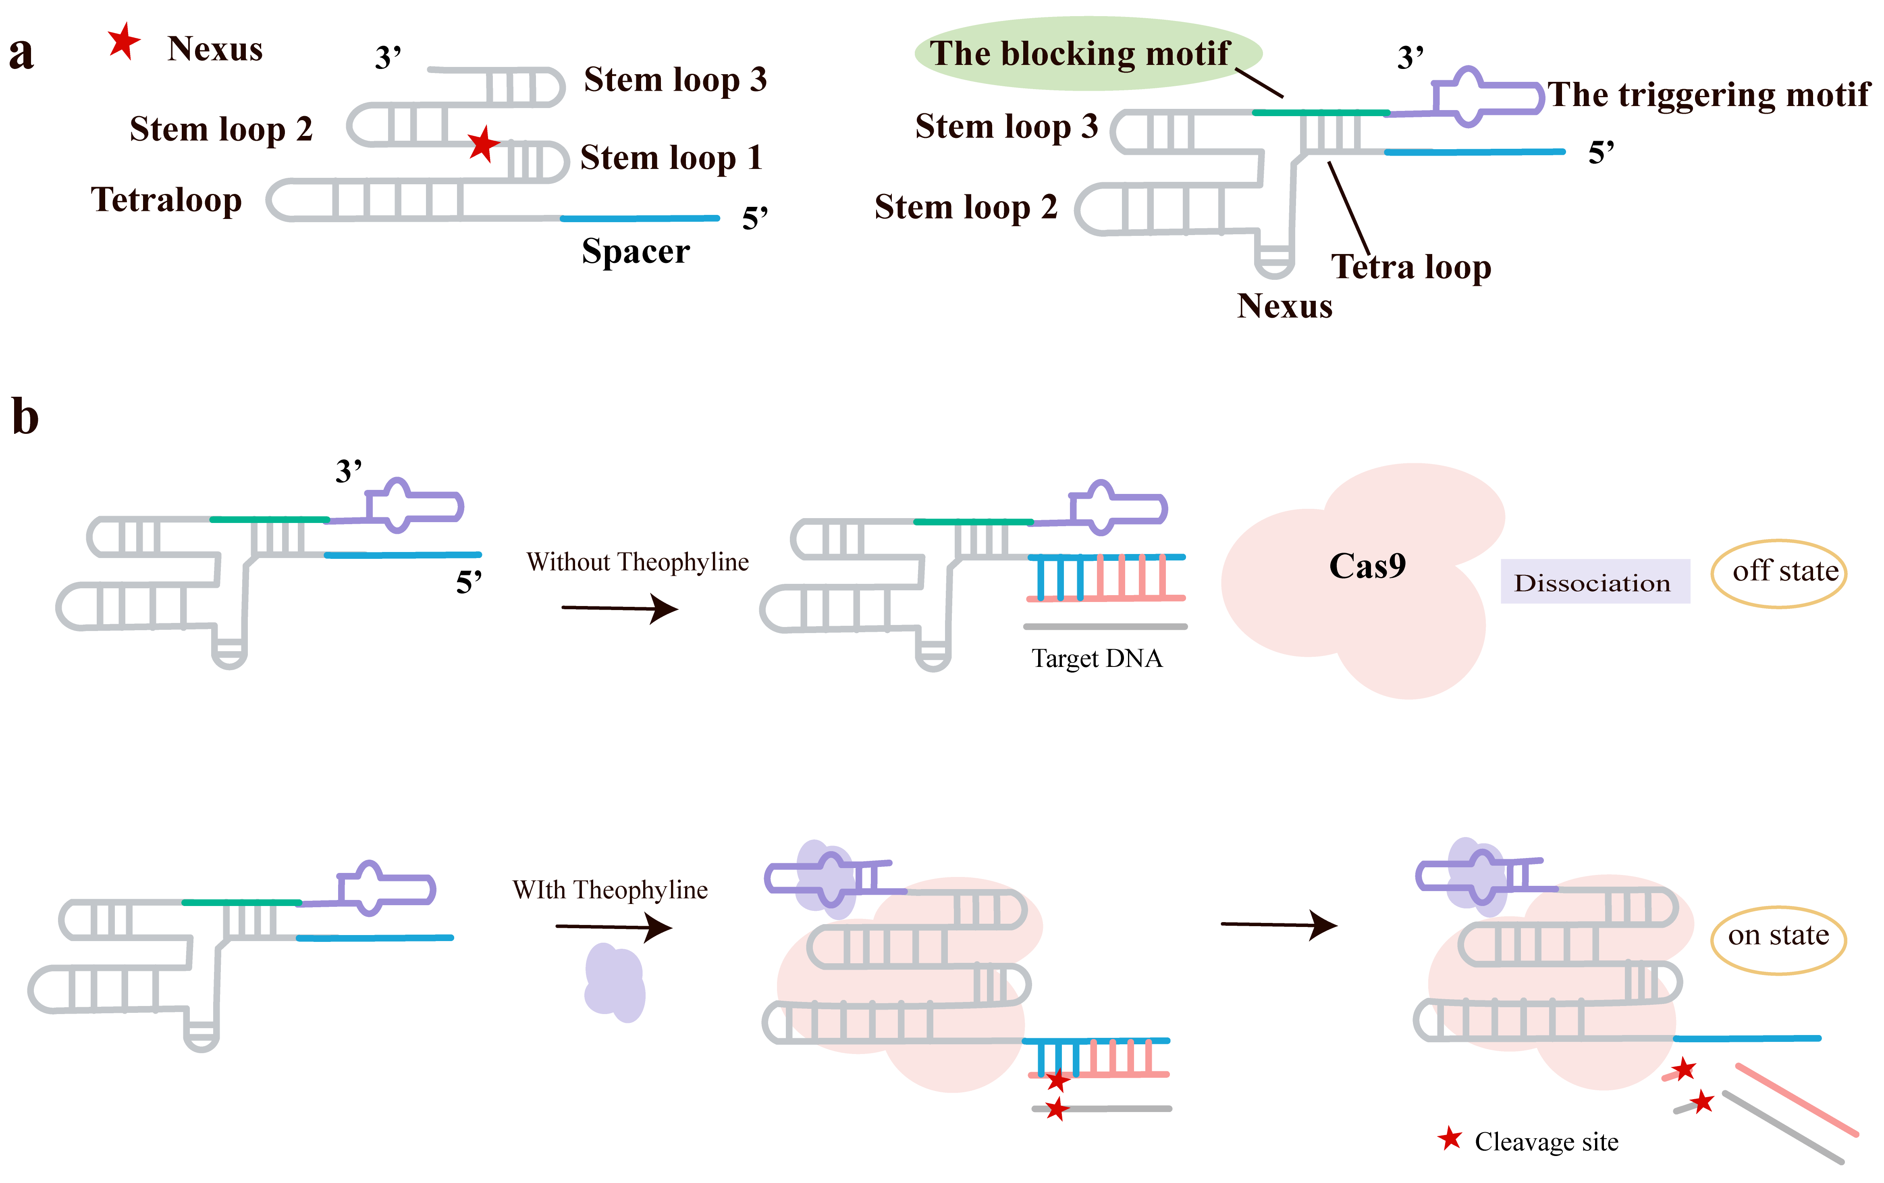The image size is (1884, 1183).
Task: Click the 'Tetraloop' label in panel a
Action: coord(166,200)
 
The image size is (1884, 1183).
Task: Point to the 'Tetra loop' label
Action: coord(1410,267)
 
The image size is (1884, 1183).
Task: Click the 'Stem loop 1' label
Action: coord(670,157)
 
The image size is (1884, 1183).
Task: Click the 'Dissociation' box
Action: coord(1593,582)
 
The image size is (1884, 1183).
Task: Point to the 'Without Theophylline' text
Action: coord(637,562)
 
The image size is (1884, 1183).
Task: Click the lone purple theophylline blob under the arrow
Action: coord(615,983)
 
